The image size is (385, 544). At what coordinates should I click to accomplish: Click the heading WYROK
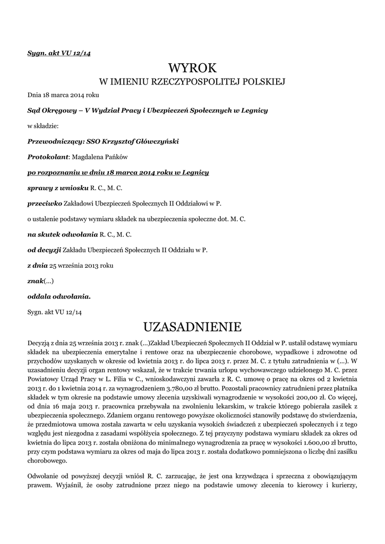[192, 68]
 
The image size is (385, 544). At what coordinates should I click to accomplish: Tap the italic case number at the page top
[58, 54]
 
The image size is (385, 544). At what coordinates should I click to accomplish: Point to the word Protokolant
[48, 157]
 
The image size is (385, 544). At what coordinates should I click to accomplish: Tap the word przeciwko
[45, 203]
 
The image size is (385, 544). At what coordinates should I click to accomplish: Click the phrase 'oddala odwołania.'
[59, 296]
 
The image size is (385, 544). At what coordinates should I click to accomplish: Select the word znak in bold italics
[35, 280]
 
